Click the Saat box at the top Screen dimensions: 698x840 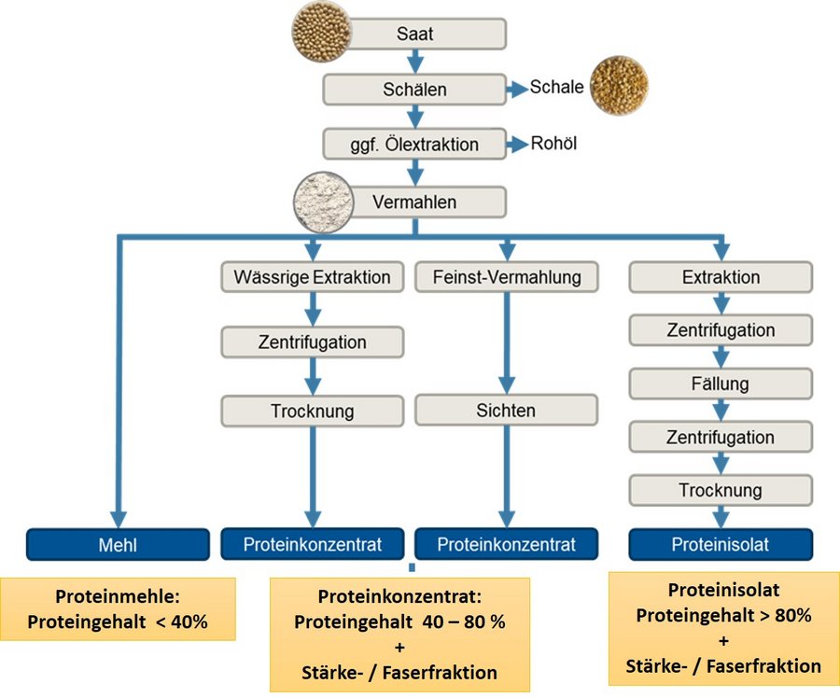pos(414,34)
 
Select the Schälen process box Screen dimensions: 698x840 pos(414,90)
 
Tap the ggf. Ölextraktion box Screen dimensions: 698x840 pos(414,145)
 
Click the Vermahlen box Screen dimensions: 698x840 pos(414,202)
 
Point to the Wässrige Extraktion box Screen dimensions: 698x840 pos(313,277)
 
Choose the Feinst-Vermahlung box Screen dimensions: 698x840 pos(507,277)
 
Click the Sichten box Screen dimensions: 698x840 pos(507,410)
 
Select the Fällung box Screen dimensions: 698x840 pos(720,384)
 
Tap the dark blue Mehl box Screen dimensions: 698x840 pos(117,544)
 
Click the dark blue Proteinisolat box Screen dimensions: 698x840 pos(720,544)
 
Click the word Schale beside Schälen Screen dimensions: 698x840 pos(556,88)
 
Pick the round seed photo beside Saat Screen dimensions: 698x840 pos(321,32)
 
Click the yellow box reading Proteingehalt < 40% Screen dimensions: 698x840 pos(117,609)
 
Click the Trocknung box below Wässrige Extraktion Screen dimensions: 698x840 pos(313,410)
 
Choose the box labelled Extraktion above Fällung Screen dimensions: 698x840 pos(720,277)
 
